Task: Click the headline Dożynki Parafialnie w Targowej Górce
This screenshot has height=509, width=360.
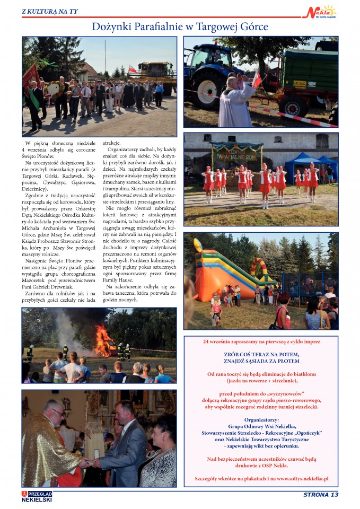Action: tap(180, 27)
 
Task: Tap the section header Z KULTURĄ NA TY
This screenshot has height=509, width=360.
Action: tap(49, 11)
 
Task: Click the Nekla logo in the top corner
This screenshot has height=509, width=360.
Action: tap(322, 12)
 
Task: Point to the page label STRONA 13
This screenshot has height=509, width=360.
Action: tap(320, 495)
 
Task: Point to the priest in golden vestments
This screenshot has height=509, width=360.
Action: tap(50, 445)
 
